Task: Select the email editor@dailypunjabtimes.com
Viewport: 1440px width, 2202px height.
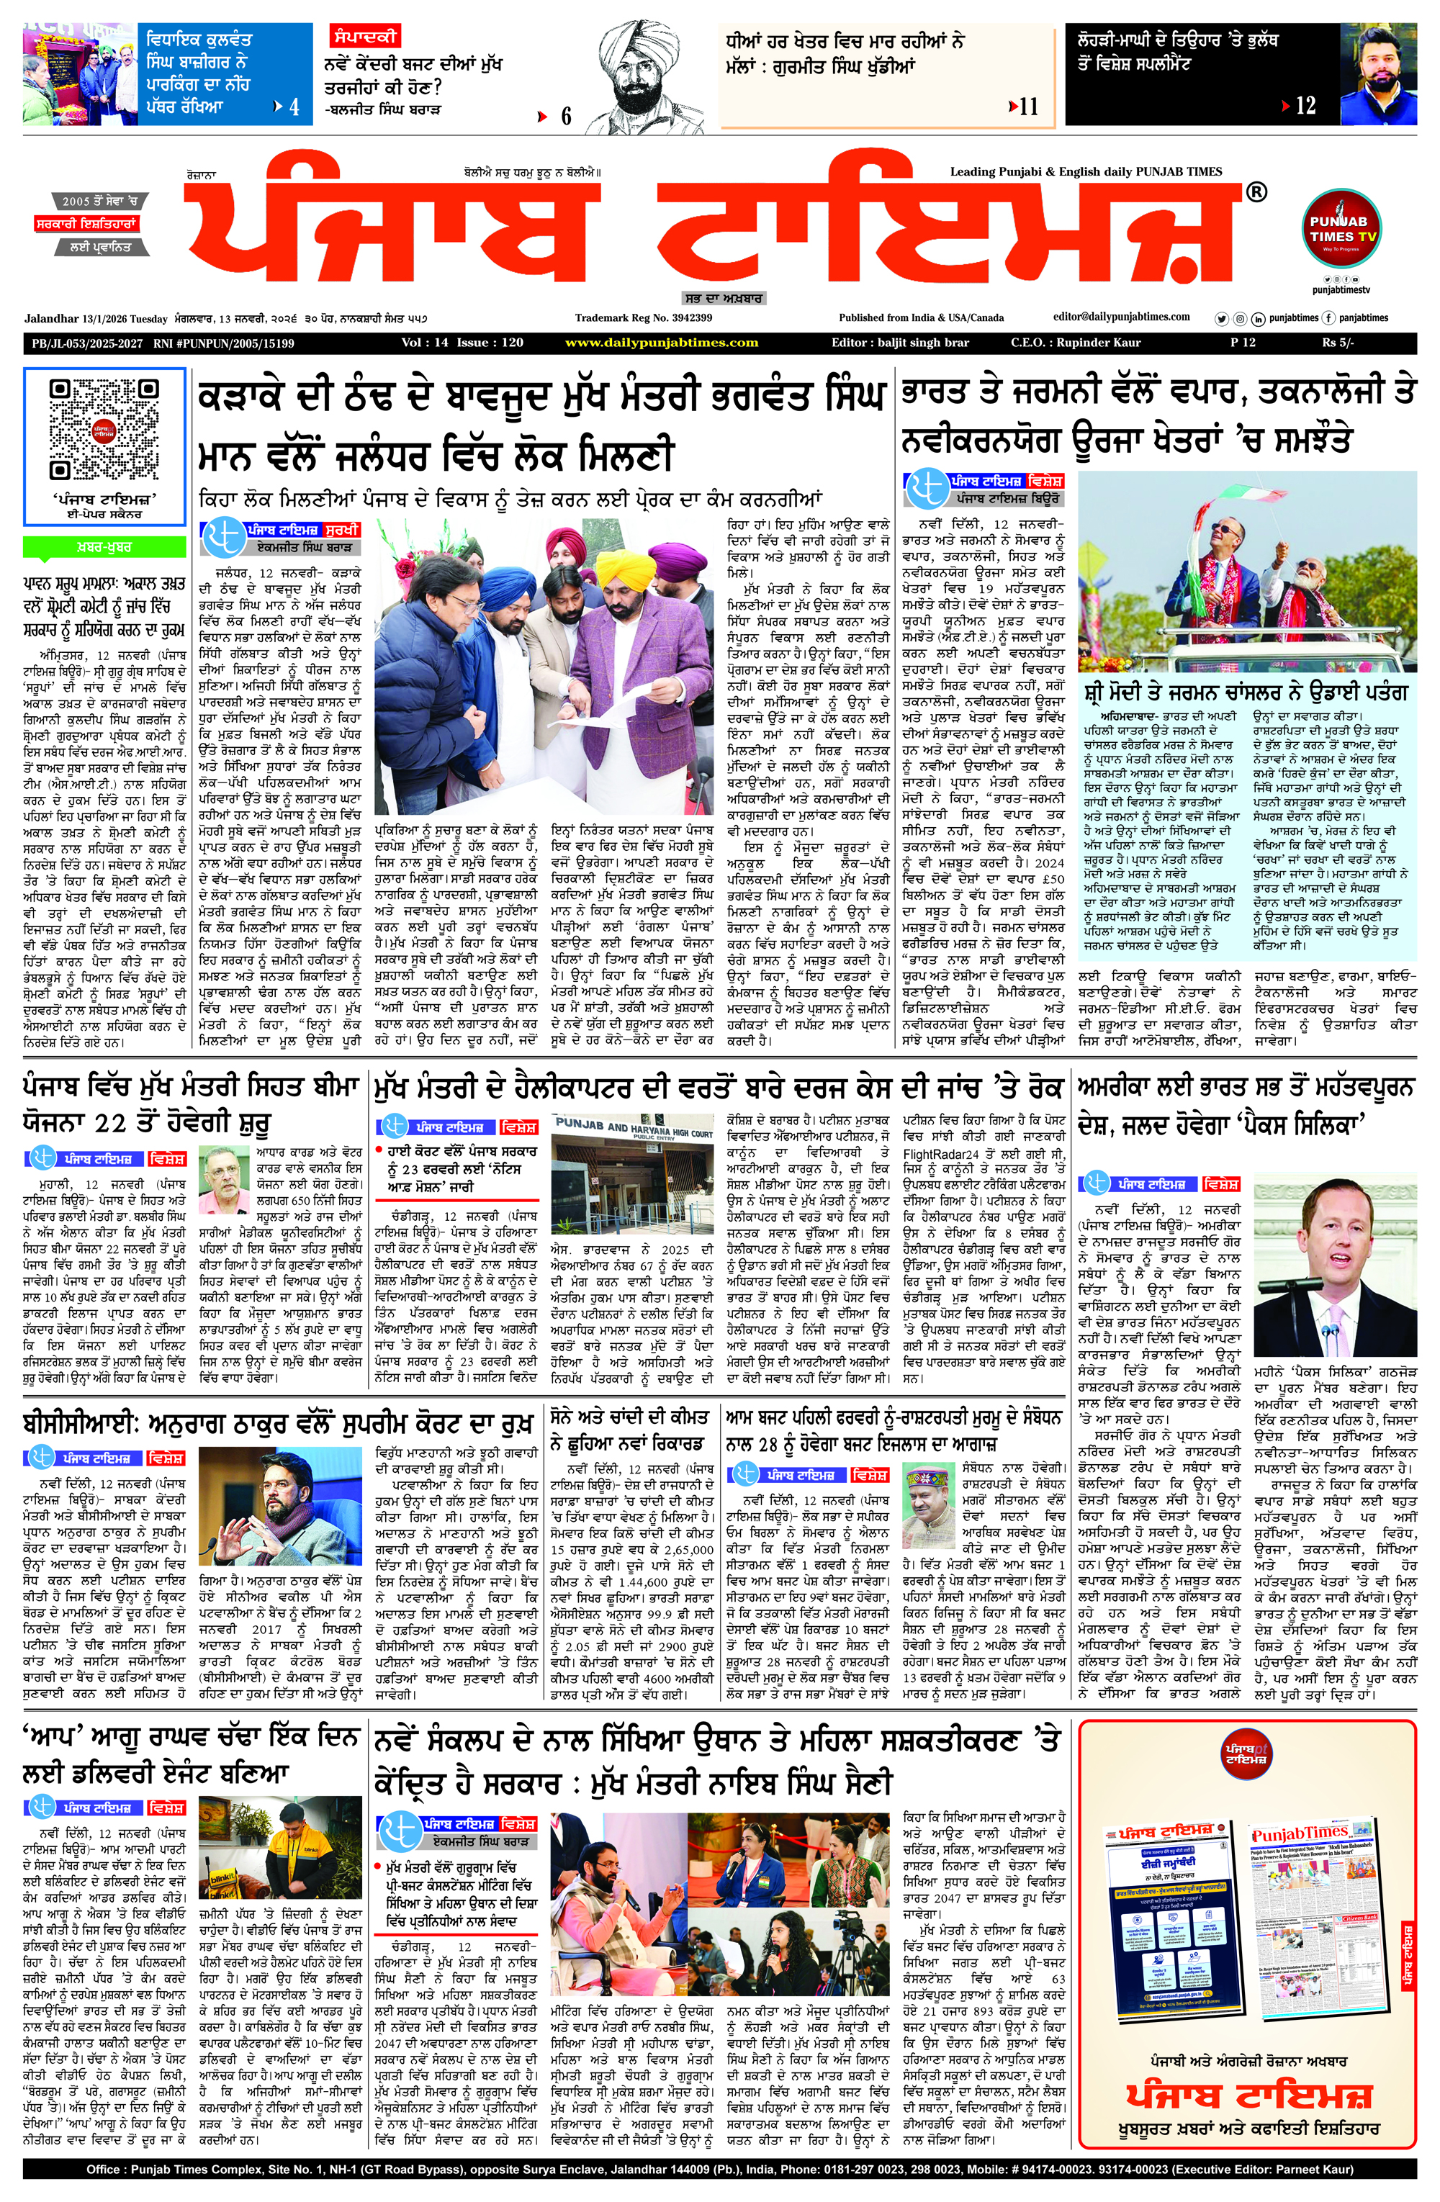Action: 1122,317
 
